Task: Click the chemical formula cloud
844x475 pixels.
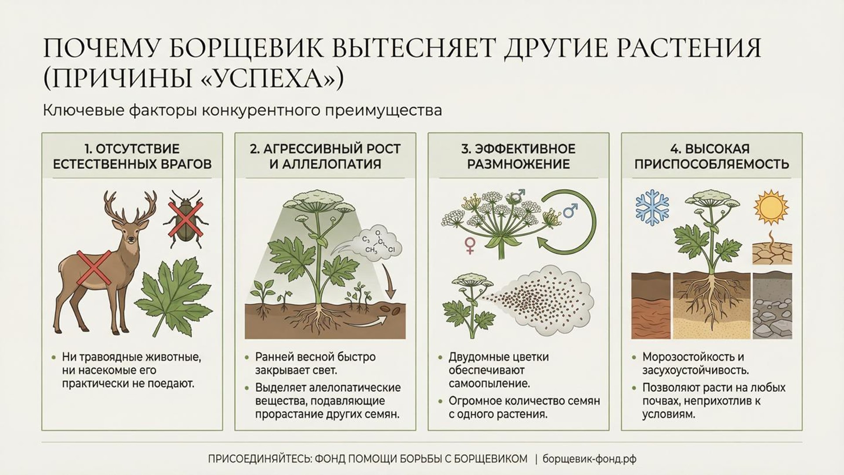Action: (377, 245)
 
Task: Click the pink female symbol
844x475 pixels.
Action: (469, 245)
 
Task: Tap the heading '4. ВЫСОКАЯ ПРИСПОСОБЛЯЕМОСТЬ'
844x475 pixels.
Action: (711, 156)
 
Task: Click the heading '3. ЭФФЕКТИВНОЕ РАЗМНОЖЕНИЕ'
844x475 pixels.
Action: (518, 156)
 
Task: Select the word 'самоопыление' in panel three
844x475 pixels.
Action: (489, 383)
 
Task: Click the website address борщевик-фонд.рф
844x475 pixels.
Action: (589, 459)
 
